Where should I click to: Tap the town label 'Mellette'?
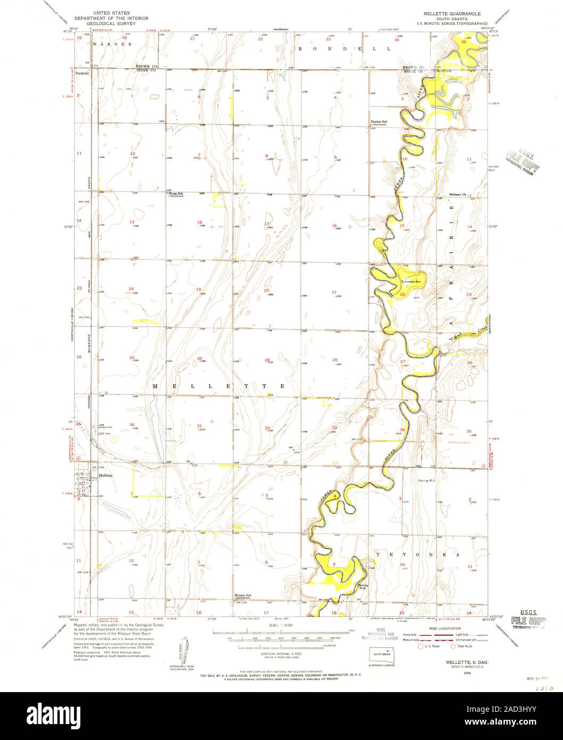[x=105, y=475]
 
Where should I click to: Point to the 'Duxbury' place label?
[x=82, y=73]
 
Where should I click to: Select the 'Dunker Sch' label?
[x=378, y=122]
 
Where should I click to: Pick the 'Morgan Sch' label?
[x=242, y=595]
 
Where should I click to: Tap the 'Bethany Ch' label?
[x=458, y=194]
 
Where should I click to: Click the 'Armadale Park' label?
[x=413, y=280]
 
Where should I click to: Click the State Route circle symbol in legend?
[x=453, y=646]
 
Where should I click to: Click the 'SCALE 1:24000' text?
[x=281, y=624]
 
